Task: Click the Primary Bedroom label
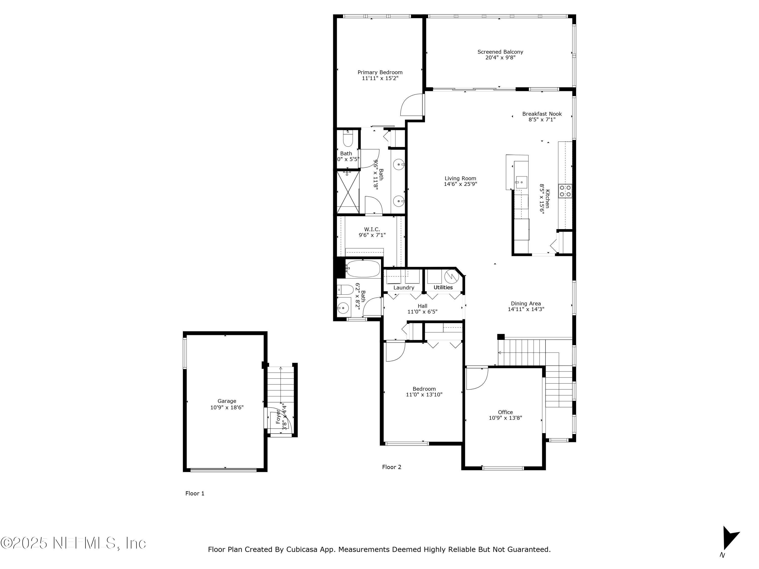(380, 72)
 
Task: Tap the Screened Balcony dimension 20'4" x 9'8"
(500, 58)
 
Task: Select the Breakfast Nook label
(542, 114)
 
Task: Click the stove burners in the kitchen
(565, 191)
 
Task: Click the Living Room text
(460, 178)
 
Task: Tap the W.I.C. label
(372, 229)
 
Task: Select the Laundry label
(404, 288)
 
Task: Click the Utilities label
(443, 288)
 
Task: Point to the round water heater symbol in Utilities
(452, 276)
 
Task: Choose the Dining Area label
(526, 303)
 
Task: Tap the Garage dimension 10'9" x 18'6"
(227, 407)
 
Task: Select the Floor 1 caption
(195, 494)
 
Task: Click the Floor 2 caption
(391, 467)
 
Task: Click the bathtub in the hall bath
(363, 269)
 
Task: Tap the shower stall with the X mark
(348, 192)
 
